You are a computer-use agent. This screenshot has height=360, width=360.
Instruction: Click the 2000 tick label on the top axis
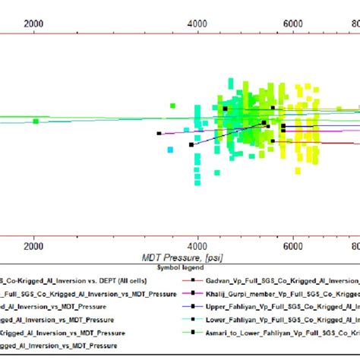click(x=34, y=24)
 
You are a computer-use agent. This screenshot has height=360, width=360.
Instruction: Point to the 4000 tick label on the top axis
click(x=197, y=24)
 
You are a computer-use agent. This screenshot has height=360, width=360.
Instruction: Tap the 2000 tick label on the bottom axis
click(x=34, y=247)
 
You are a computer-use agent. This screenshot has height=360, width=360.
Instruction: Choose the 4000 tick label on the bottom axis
click(x=197, y=247)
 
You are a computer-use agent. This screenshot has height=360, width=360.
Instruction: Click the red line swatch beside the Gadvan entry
click(x=194, y=279)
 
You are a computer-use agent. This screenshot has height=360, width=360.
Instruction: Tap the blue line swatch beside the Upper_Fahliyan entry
click(x=194, y=306)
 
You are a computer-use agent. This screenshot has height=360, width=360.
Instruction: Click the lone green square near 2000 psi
click(x=36, y=121)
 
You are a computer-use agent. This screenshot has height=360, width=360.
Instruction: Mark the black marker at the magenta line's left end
click(x=159, y=134)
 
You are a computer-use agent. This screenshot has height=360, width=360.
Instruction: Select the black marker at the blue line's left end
click(x=191, y=144)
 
